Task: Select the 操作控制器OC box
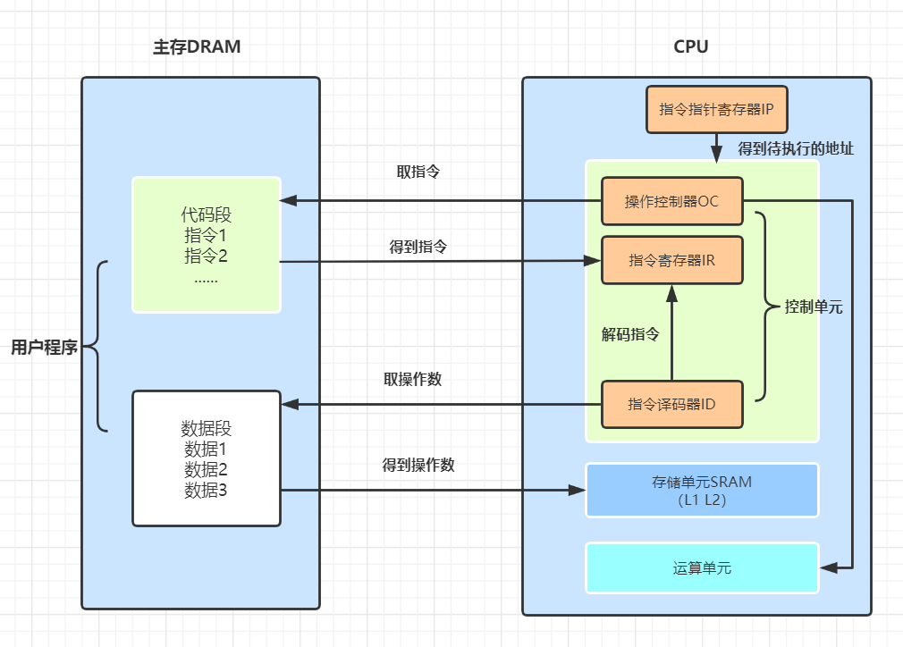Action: coord(671,201)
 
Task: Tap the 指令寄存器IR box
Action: coord(671,260)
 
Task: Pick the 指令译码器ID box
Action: coord(671,404)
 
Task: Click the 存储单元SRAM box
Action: coord(702,490)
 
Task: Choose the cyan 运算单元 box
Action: coord(702,567)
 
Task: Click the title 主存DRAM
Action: coord(197,47)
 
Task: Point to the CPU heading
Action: coord(690,47)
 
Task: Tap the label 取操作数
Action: coord(412,378)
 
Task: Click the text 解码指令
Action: coord(630,335)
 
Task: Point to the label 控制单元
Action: coord(814,307)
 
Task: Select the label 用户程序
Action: coord(44,348)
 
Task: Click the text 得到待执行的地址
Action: coord(796,148)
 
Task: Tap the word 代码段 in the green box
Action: coord(207,216)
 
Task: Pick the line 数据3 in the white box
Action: coord(207,490)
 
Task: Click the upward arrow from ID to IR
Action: coord(671,331)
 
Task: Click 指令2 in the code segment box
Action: coord(207,256)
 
